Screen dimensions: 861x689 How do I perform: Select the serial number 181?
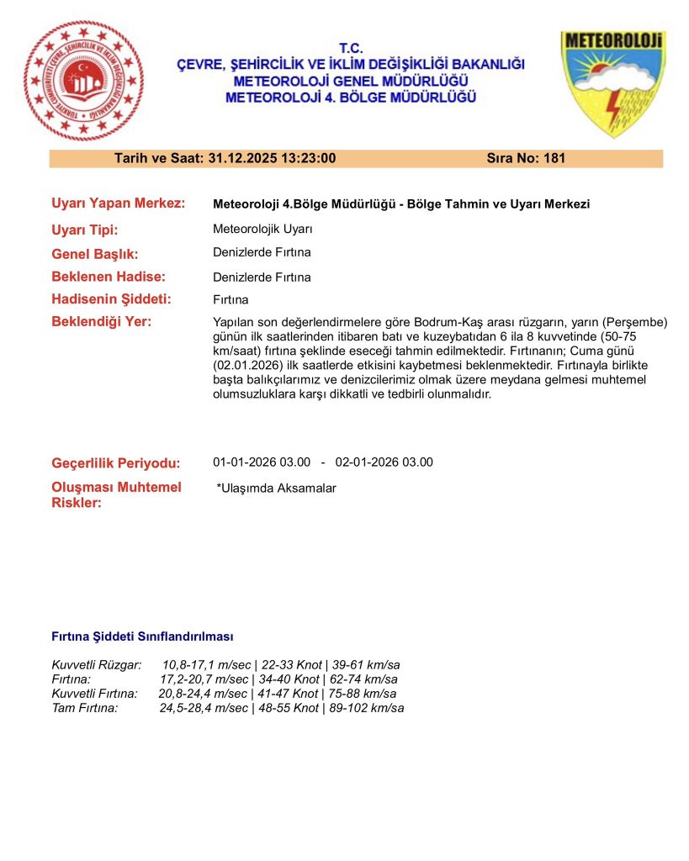(x=554, y=158)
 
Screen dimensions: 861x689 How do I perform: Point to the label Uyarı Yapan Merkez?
(x=118, y=203)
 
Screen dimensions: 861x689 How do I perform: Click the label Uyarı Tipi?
(x=85, y=230)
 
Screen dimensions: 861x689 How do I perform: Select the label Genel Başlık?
(x=94, y=254)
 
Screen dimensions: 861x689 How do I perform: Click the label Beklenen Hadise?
(x=109, y=277)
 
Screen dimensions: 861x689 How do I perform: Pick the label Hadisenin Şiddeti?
(x=111, y=299)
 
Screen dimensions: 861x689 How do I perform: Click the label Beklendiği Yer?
(x=102, y=322)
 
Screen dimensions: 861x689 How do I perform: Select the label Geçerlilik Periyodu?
(x=116, y=463)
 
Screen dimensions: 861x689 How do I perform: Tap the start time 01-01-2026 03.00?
(x=262, y=462)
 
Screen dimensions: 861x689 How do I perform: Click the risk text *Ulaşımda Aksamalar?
(x=276, y=489)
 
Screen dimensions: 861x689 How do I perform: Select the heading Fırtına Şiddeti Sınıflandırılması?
(x=142, y=637)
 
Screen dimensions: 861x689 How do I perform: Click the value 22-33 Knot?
(x=290, y=665)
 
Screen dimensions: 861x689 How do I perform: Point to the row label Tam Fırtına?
(x=85, y=708)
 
